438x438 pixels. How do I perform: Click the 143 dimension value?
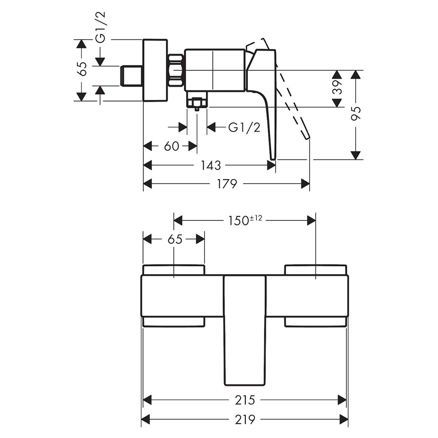point(211,166)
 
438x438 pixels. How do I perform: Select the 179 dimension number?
point(227,184)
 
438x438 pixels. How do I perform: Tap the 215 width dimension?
point(245,400)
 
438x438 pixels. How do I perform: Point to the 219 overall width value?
point(245,419)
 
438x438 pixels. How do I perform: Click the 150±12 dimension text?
point(245,220)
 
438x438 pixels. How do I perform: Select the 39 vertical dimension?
point(337,87)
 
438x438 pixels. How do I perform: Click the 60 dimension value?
point(171,146)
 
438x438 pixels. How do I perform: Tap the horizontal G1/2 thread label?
point(244,127)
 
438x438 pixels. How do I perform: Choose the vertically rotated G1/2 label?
point(101,27)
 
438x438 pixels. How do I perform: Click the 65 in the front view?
point(175,240)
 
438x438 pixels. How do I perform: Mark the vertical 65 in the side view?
point(83,69)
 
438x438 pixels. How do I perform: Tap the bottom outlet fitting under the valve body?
point(197,102)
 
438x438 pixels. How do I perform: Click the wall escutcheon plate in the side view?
point(155,71)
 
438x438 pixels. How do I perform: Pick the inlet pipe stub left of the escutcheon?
point(131,76)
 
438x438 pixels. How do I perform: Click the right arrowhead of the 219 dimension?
point(344,419)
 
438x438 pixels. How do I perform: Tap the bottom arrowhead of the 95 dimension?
point(356,155)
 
